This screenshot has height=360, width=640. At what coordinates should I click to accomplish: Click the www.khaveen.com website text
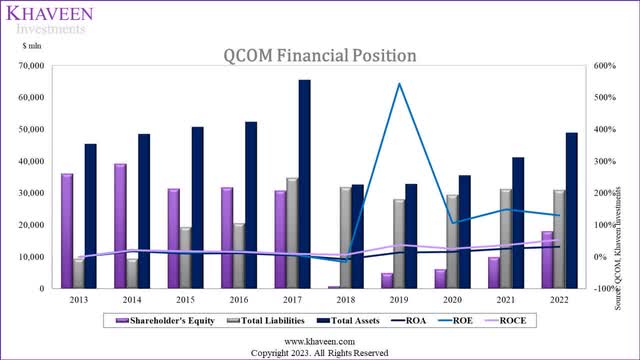click(x=319, y=341)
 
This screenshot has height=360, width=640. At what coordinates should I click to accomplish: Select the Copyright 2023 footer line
click(x=319, y=352)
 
